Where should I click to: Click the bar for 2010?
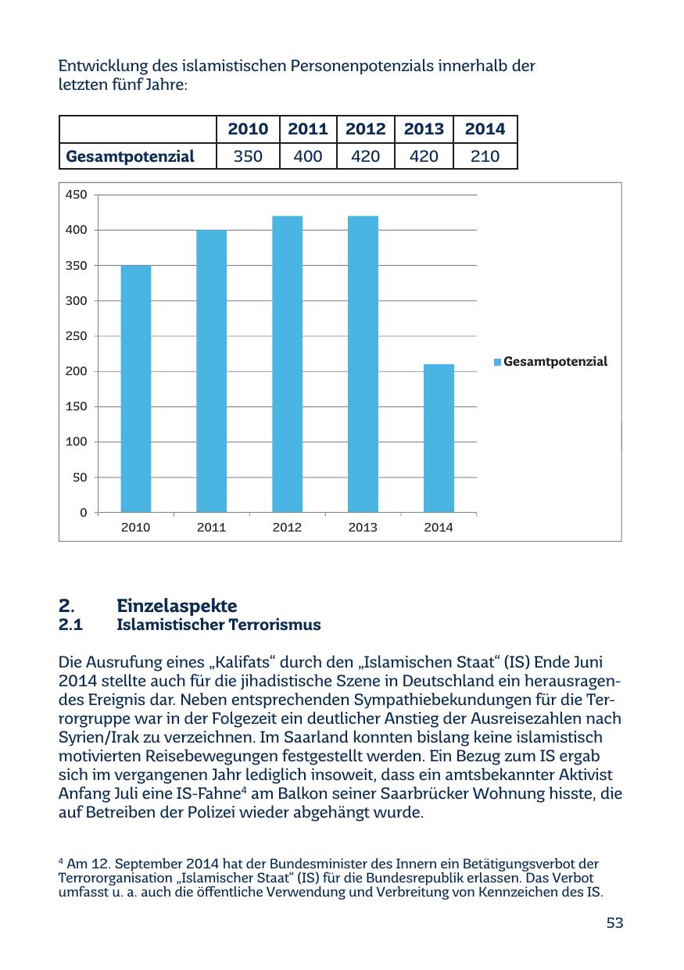pos(135,388)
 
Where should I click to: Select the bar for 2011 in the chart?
pos(211,371)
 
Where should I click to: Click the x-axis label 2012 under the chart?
pos(287,528)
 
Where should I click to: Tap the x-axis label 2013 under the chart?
pos(363,528)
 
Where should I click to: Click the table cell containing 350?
pos(248,156)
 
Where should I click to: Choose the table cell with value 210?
pos(485,156)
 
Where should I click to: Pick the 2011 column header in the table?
pos(307,129)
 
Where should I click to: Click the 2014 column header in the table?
pos(485,129)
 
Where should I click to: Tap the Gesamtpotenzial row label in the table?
pos(130,156)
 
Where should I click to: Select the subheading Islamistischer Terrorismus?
pos(219,625)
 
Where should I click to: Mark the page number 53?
pos(614,923)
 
